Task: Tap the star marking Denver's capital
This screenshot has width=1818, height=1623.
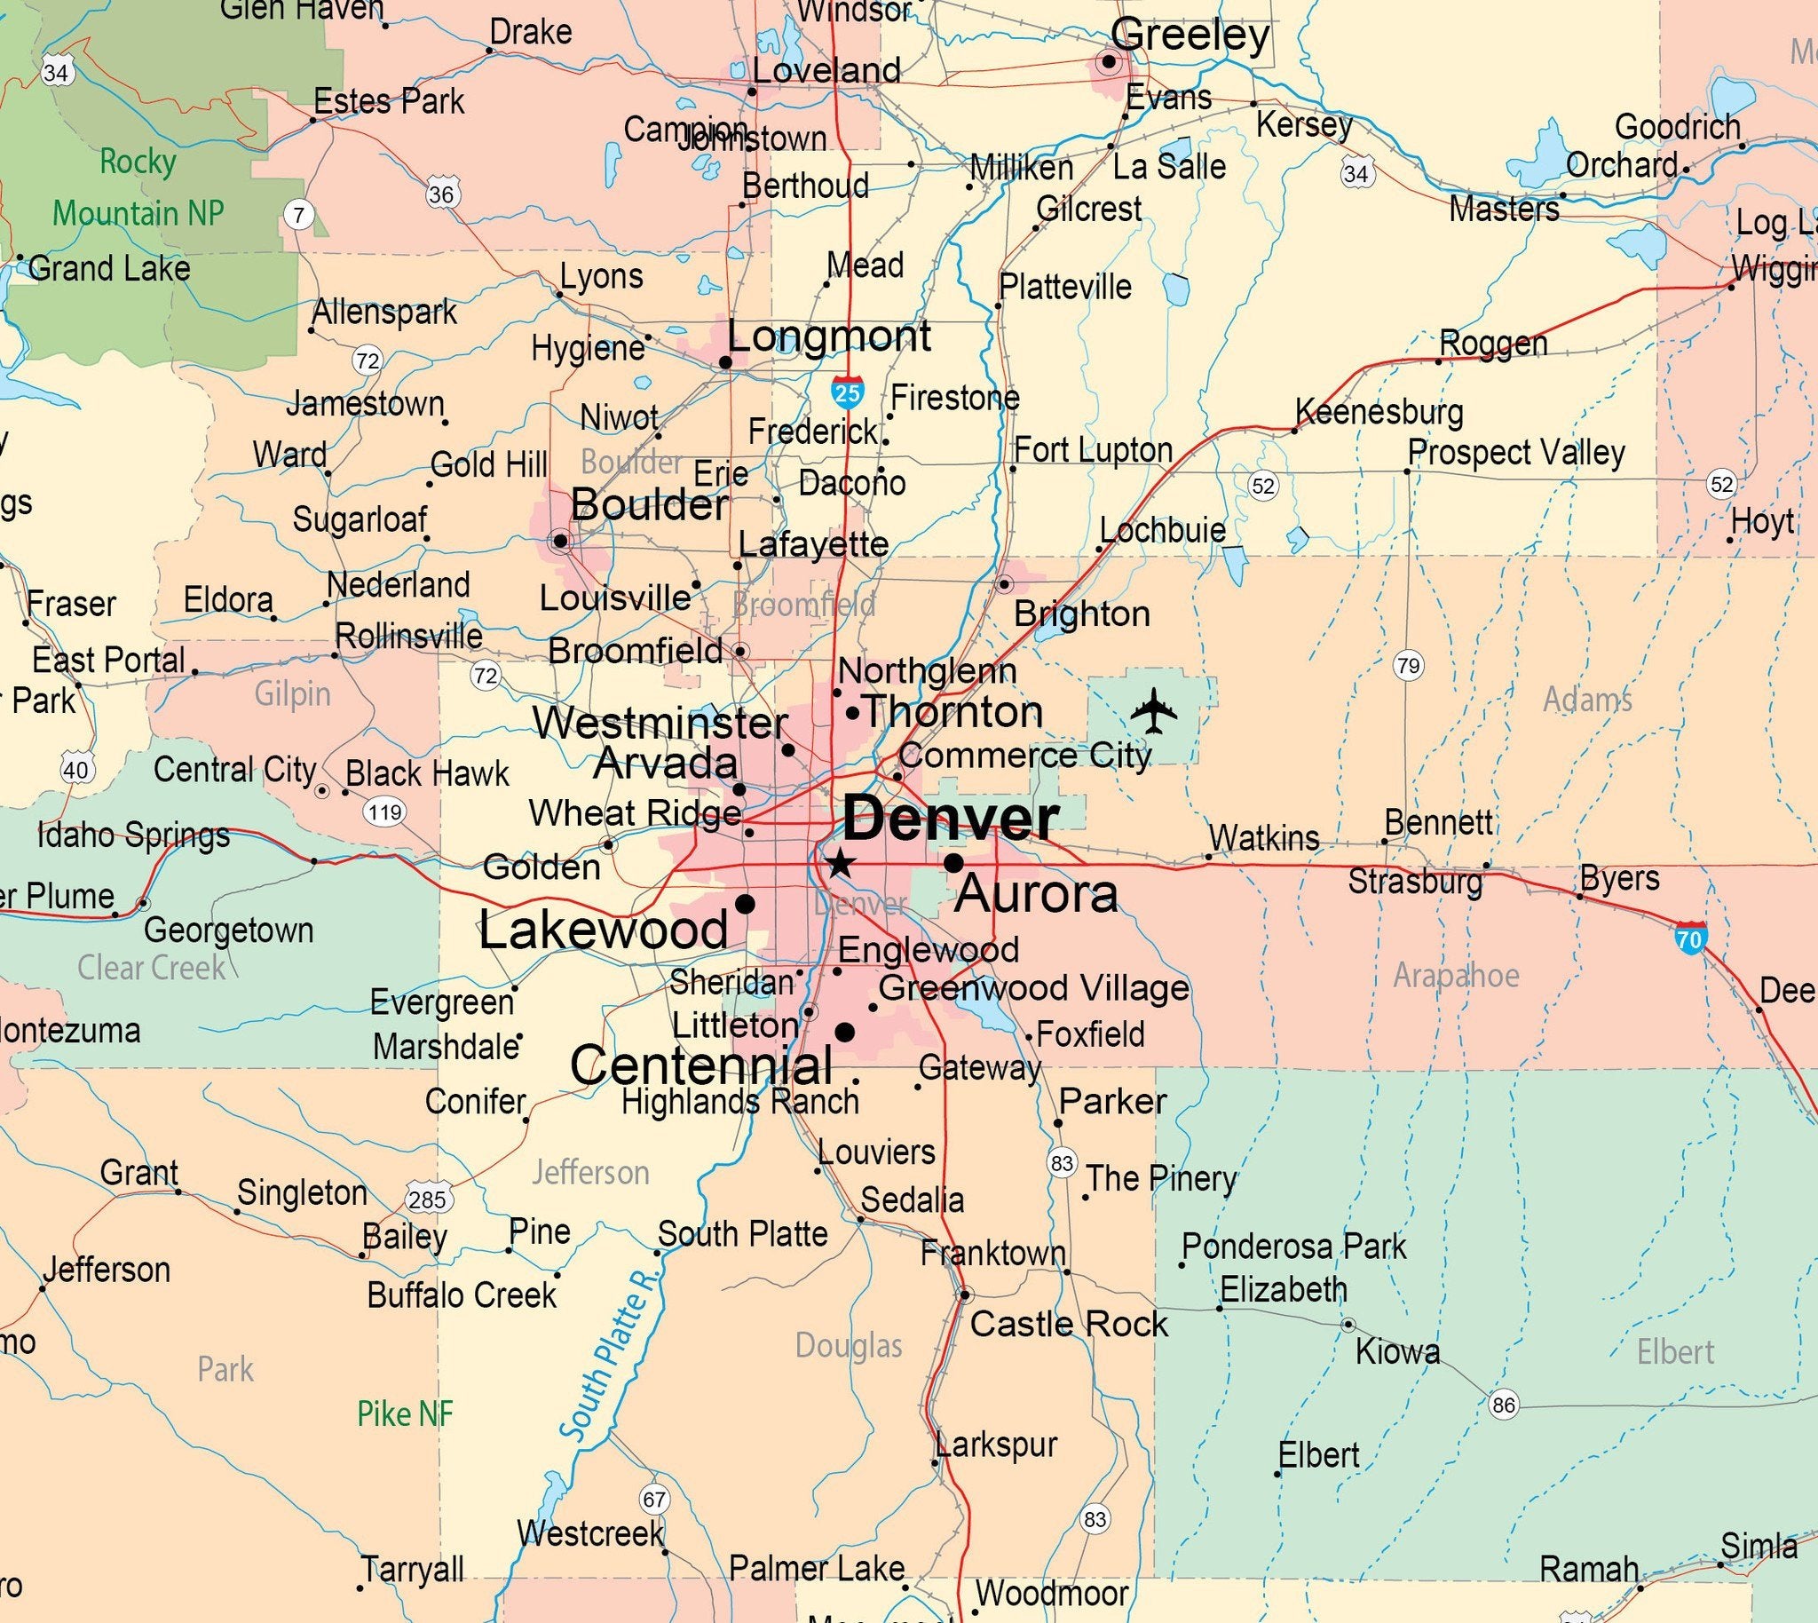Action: [x=838, y=863]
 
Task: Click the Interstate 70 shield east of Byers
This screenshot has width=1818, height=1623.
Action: [x=1689, y=938]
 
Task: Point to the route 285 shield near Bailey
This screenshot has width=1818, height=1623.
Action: [x=427, y=1199]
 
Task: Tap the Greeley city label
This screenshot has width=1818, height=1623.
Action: [x=1190, y=36]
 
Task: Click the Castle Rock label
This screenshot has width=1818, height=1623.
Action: [x=1068, y=1325]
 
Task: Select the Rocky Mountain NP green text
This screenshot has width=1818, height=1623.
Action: [x=138, y=187]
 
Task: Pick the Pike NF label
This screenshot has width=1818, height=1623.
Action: [x=405, y=1413]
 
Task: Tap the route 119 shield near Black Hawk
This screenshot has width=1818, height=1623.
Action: [x=384, y=811]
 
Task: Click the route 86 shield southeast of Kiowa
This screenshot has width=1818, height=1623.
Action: [x=1503, y=1405]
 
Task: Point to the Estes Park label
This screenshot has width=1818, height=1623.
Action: [x=389, y=102]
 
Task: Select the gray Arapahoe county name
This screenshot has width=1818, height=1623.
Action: [x=1456, y=976]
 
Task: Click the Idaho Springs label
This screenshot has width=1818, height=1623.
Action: [x=134, y=835]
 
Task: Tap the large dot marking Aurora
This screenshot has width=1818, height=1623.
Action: [x=953, y=862]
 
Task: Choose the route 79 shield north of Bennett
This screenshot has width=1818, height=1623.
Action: [x=1408, y=665]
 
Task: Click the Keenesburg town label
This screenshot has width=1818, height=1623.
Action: [x=1379, y=412]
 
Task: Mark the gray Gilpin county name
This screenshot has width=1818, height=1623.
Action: [x=292, y=693]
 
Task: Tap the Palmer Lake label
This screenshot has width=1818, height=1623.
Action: [x=817, y=1568]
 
